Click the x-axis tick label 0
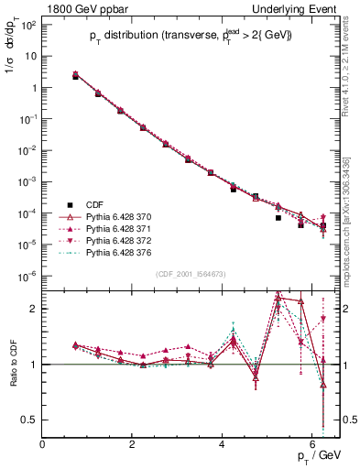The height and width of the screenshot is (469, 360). [x=42, y=444]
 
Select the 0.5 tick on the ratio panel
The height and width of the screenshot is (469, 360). [x=29, y=420]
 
